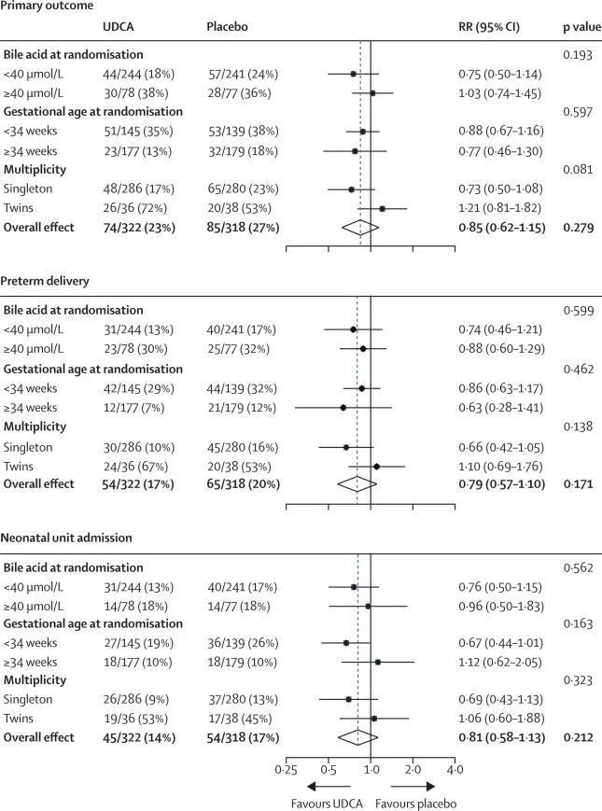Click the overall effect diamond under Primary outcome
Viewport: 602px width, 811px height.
coord(357,226)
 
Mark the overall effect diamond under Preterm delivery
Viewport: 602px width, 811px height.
coord(356,483)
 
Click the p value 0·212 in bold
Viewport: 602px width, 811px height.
coord(580,741)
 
